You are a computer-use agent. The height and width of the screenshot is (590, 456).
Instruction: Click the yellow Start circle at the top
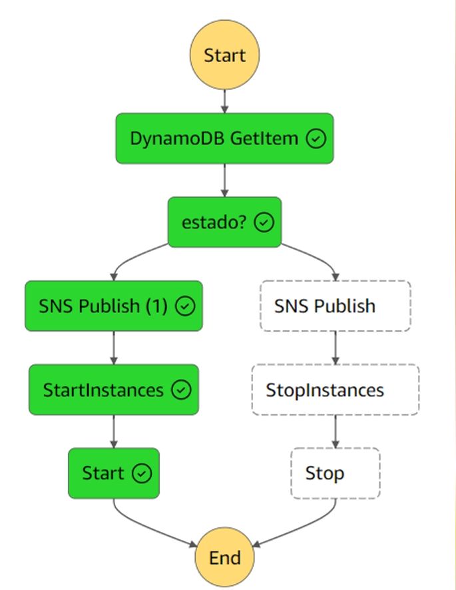click(x=224, y=55)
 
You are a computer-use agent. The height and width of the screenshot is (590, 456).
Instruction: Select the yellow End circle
click(x=224, y=557)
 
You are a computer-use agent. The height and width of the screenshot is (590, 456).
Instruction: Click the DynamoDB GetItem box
click(x=224, y=139)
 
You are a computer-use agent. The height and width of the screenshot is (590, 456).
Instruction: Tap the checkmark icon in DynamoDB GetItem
click(x=316, y=139)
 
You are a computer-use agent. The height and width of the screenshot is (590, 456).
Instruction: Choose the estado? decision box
click(x=224, y=222)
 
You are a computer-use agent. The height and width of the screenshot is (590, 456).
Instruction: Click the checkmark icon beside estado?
click(x=264, y=223)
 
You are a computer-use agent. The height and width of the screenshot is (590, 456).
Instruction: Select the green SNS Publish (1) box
click(x=113, y=306)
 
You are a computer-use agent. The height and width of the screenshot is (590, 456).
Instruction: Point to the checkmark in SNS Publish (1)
click(x=184, y=306)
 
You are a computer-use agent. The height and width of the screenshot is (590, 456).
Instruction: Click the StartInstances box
click(x=113, y=390)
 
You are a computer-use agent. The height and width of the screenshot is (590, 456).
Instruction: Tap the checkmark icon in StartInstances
click(x=181, y=390)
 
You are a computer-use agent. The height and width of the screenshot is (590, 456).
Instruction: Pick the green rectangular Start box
click(x=114, y=473)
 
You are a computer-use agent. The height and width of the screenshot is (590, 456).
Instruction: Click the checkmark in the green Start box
click(x=142, y=473)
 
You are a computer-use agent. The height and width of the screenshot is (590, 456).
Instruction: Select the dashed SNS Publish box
click(x=335, y=306)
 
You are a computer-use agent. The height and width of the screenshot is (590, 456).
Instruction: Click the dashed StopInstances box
click(x=335, y=390)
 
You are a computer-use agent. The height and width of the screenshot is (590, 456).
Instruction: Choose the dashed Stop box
click(x=335, y=473)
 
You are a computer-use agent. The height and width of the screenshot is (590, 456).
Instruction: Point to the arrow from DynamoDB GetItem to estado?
click(x=224, y=180)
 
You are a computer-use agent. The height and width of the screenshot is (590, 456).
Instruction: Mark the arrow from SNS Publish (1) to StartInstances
click(x=114, y=348)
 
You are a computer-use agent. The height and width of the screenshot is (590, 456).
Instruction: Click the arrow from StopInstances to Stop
click(x=335, y=432)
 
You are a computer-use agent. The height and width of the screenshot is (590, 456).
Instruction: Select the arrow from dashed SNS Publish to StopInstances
click(x=335, y=348)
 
